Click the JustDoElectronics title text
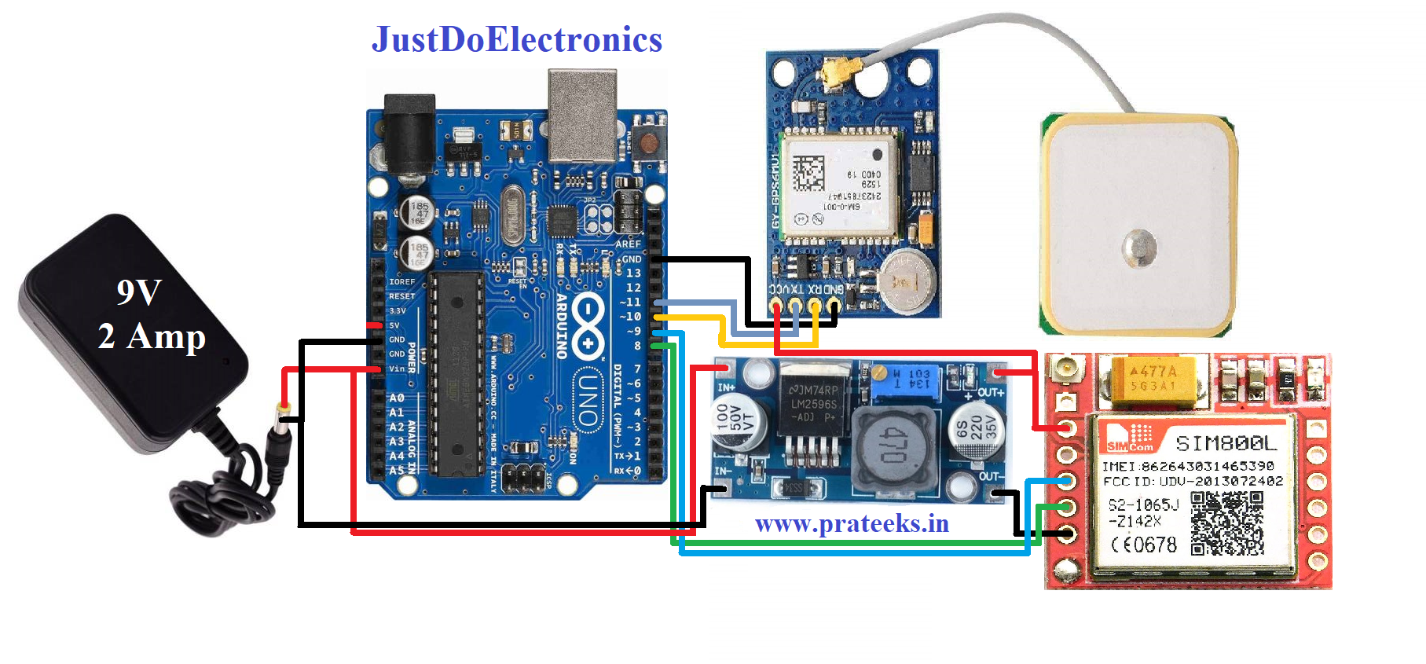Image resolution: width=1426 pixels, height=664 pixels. tap(517, 39)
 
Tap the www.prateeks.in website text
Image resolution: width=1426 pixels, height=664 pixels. tap(852, 523)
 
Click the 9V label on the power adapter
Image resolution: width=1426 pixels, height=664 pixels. tap(139, 292)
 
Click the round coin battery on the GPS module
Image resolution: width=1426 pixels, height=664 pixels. tap(907, 279)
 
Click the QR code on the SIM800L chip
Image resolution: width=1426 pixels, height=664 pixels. tap(1226, 522)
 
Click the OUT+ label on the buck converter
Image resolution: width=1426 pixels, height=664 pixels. tap(989, 392)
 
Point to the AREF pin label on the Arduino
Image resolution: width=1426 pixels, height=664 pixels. tap(628, 244)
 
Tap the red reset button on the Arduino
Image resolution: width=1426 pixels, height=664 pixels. tap(649, 142)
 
